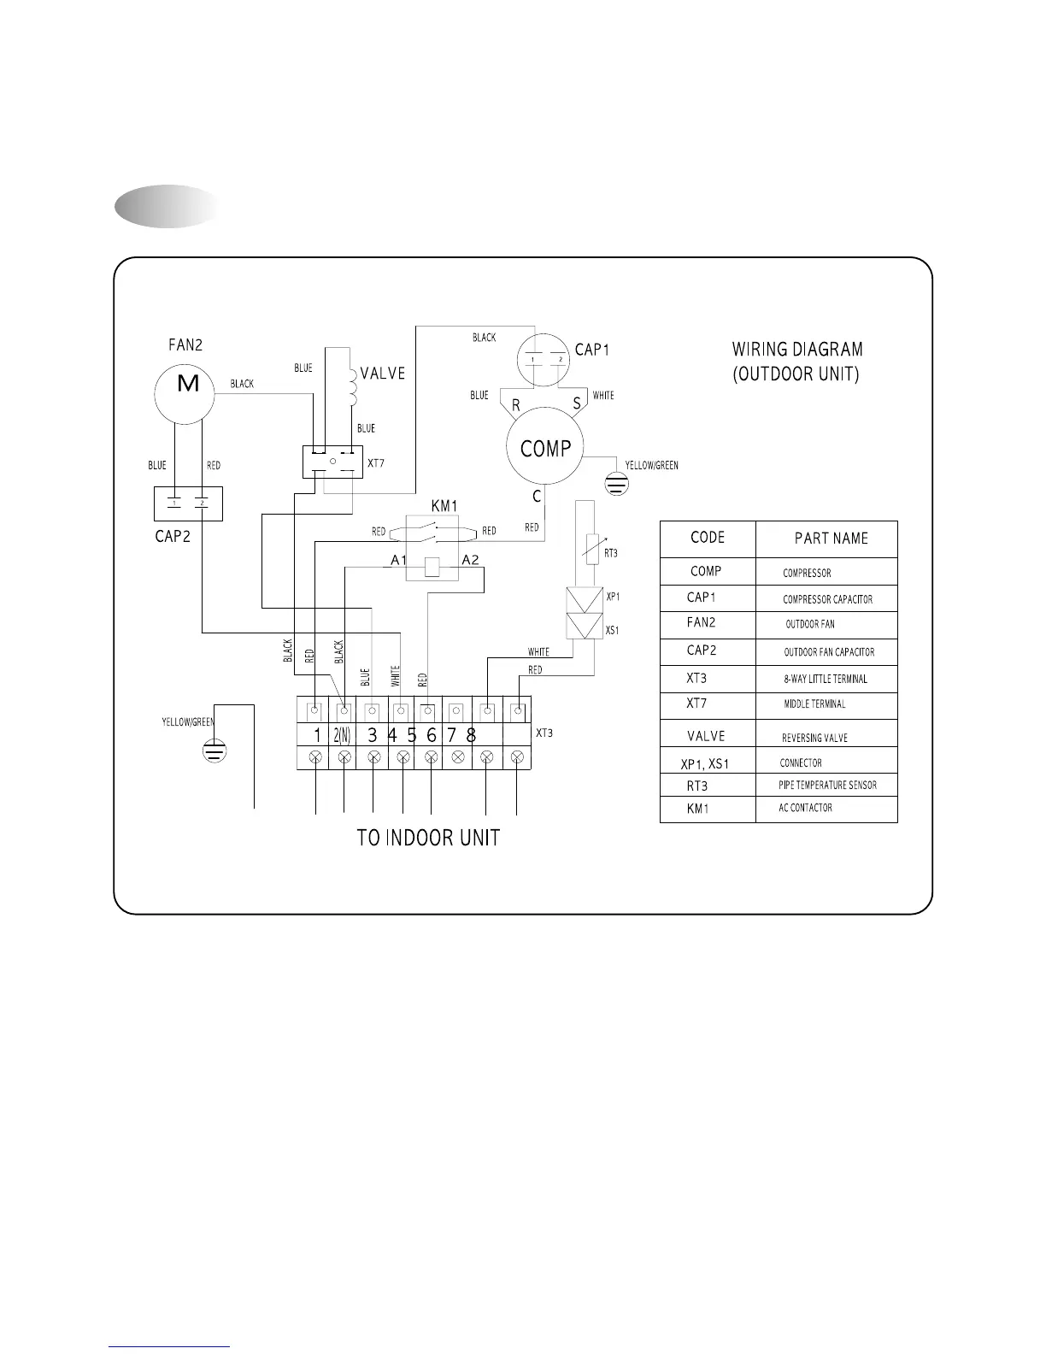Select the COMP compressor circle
pos(544,448)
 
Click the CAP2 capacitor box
pos(188,503)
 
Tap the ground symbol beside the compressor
pos(616,484)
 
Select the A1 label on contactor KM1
pos(398,561)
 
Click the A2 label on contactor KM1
pos(470,561)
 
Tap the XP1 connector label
pos(613,597)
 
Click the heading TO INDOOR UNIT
pos(428,838)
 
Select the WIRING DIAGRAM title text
pos(797,350)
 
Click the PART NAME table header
pos(831,539)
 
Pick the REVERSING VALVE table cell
pos(814,738)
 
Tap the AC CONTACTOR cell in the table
pos(805,808)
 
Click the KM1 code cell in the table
pos(698,809)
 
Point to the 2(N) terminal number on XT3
pos(342,735)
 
